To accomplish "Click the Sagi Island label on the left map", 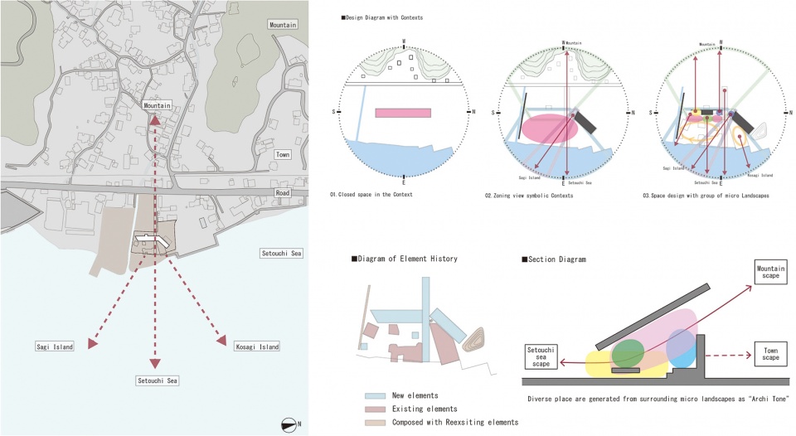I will pos(56,346).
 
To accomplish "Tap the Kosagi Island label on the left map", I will pos(255,346).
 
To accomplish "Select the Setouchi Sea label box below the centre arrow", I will pos(158,380).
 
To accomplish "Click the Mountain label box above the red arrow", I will pos(157,105).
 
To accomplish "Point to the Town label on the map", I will pos(283,154).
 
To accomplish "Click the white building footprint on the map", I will pos(154,240).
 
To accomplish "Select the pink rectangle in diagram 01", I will pos(403,113).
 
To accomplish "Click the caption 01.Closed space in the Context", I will pos(371,195).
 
